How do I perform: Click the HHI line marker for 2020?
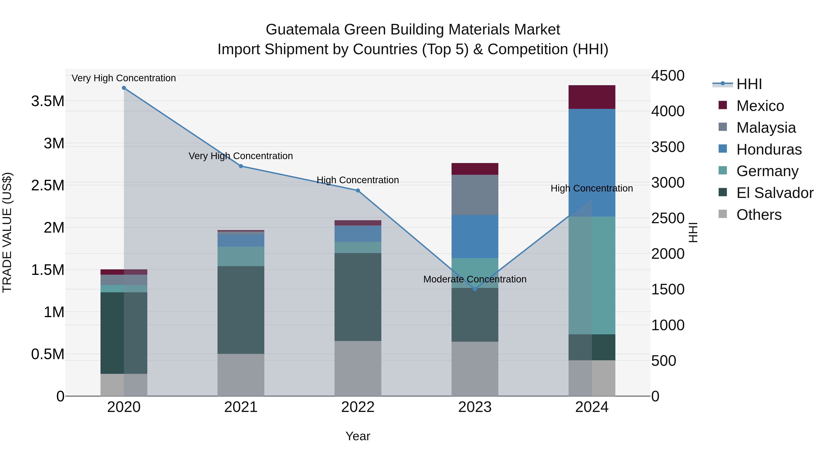(x=124, y=88)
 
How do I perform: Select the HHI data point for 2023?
(x=475, y=289)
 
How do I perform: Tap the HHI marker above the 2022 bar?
(x=358, y=191)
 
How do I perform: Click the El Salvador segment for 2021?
(x=241, y=310)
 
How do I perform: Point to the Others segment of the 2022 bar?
(x=358, y=368)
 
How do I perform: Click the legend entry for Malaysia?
(x=766, y=127)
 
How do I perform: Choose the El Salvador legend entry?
(x=774, y=193)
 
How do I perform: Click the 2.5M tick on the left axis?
(x=48, y=186)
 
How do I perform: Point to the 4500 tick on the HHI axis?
(x=668, y=76)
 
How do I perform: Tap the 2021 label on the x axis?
(x=241, y=407)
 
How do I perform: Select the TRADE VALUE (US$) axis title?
(x=7, y=232)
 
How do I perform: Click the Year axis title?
(x=358, y=436)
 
